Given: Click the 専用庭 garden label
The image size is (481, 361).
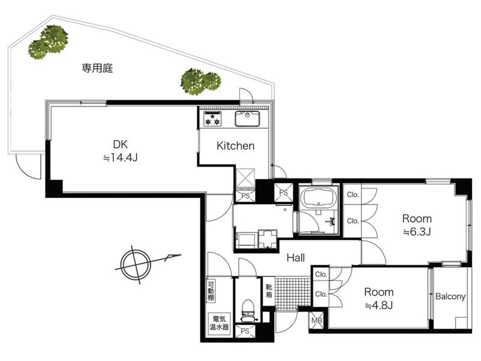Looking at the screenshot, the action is pos(97,68).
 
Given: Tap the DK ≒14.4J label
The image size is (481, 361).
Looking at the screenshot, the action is pos(120,151).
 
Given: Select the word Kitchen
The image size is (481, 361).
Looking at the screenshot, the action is pos(235,146).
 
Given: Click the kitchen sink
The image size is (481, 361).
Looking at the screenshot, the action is pos(247,119).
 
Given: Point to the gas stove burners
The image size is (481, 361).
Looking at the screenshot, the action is pos(213,119).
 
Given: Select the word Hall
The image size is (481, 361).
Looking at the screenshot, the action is pos(296,258).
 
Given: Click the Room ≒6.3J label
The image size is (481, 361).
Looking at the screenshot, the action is pos(417,225).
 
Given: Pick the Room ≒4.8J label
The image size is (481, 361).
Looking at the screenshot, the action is pos(379,298).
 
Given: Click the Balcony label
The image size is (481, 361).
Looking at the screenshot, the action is pos(450,296).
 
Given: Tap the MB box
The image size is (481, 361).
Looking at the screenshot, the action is pos(317,321).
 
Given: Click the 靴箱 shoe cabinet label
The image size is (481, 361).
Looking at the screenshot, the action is pos(269,291).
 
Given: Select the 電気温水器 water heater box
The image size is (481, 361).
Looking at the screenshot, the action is pos(219,323).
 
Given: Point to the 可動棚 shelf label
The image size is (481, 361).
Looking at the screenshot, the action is pos(211,291).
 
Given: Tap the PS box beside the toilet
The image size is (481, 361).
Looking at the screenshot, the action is pos(245,332).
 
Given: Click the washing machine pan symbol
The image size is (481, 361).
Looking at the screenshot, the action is pos(268,238).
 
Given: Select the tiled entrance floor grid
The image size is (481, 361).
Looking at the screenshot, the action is pos(293,293).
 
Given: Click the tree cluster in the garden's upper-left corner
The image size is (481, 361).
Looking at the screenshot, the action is pos(49,42).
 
